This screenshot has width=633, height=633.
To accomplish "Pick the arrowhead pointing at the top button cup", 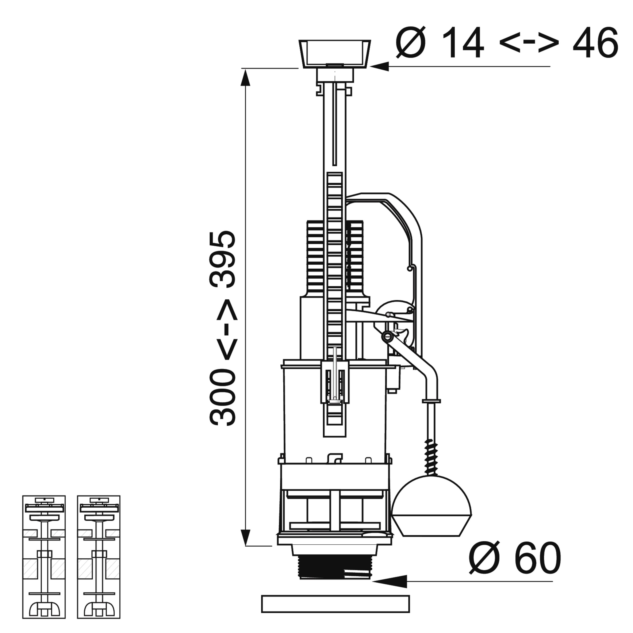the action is pyautogui.click(x=379, y=66).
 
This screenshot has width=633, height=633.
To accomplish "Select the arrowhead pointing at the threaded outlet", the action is pyautogui.click(x=390, y=582).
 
